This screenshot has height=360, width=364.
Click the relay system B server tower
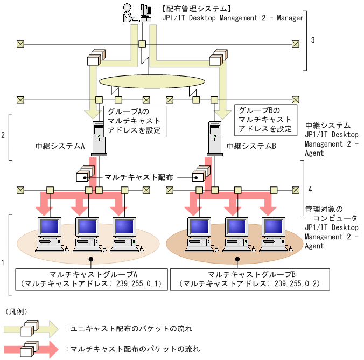(x=214, y=138)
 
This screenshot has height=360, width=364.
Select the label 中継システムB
(x=251, y=146)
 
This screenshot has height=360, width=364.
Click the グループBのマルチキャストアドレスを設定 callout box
(x=265, y=119)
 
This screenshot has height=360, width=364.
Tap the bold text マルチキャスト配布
(x=132, y=176)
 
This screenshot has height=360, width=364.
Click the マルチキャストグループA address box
(x=91, y=279)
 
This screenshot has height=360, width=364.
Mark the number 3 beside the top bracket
(x=313, y=40)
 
